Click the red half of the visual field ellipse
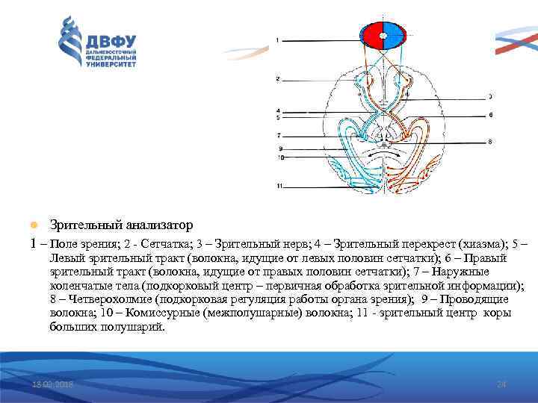372,36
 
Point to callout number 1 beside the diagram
276,40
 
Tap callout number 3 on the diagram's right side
490,96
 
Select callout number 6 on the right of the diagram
490,115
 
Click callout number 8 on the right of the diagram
490,140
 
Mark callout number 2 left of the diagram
277,78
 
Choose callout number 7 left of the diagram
277,136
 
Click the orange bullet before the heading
32,225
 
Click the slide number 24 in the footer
501,384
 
